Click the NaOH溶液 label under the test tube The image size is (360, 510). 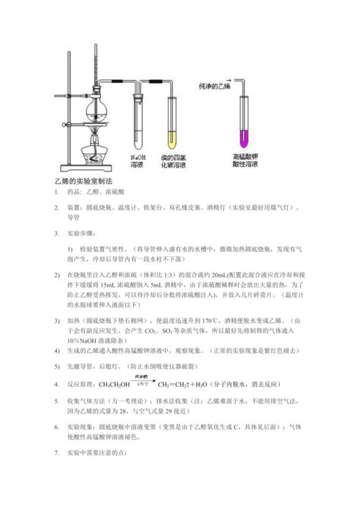tap(138, 161)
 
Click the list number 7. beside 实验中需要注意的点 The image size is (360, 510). tap(56, 454)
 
